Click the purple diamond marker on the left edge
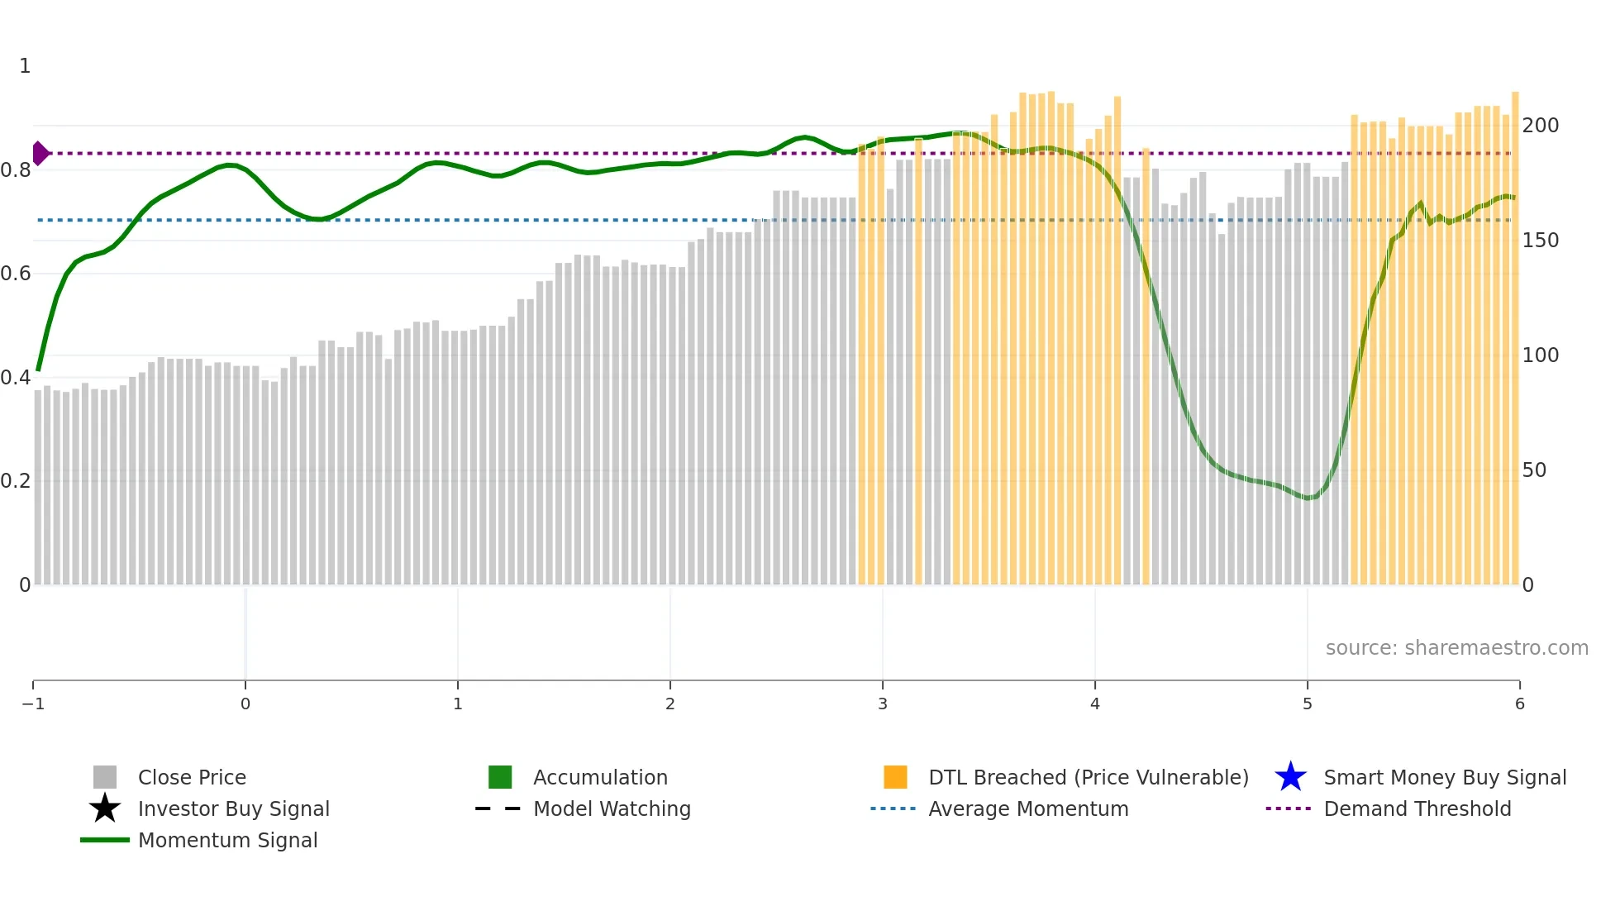(40, 153)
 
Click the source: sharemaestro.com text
(1456, 647)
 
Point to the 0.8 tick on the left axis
(16, 170)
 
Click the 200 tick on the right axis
(1540, 125)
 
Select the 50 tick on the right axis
(1533, 470)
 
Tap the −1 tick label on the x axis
(33, 704)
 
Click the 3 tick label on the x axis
(882, 704)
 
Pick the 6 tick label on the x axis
(1519, 704)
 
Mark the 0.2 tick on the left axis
(16, 480)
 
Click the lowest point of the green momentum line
(1308, 498)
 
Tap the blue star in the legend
(1290, 777)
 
